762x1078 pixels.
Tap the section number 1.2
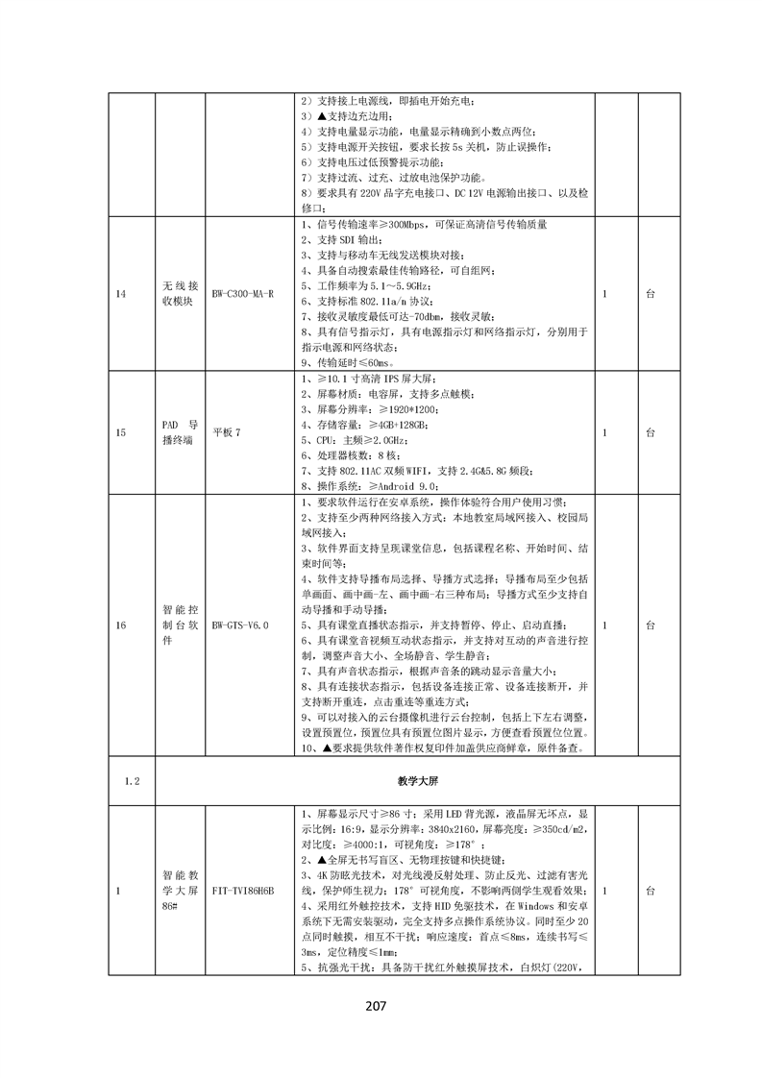click(133, 781)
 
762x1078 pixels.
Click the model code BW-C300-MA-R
click(243, 293)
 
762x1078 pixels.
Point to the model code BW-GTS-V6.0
click(240, 625)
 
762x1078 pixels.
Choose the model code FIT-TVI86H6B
click(243, 891)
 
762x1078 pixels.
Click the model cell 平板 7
click(227, 433)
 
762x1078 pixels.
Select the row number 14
click(121, 293)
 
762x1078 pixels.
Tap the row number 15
click(121, 433)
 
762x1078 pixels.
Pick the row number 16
click(121, 625)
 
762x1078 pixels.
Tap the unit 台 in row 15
click(651, 433)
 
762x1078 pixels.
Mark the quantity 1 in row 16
click(604, 625)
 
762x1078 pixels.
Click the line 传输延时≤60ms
click(347, 364)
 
